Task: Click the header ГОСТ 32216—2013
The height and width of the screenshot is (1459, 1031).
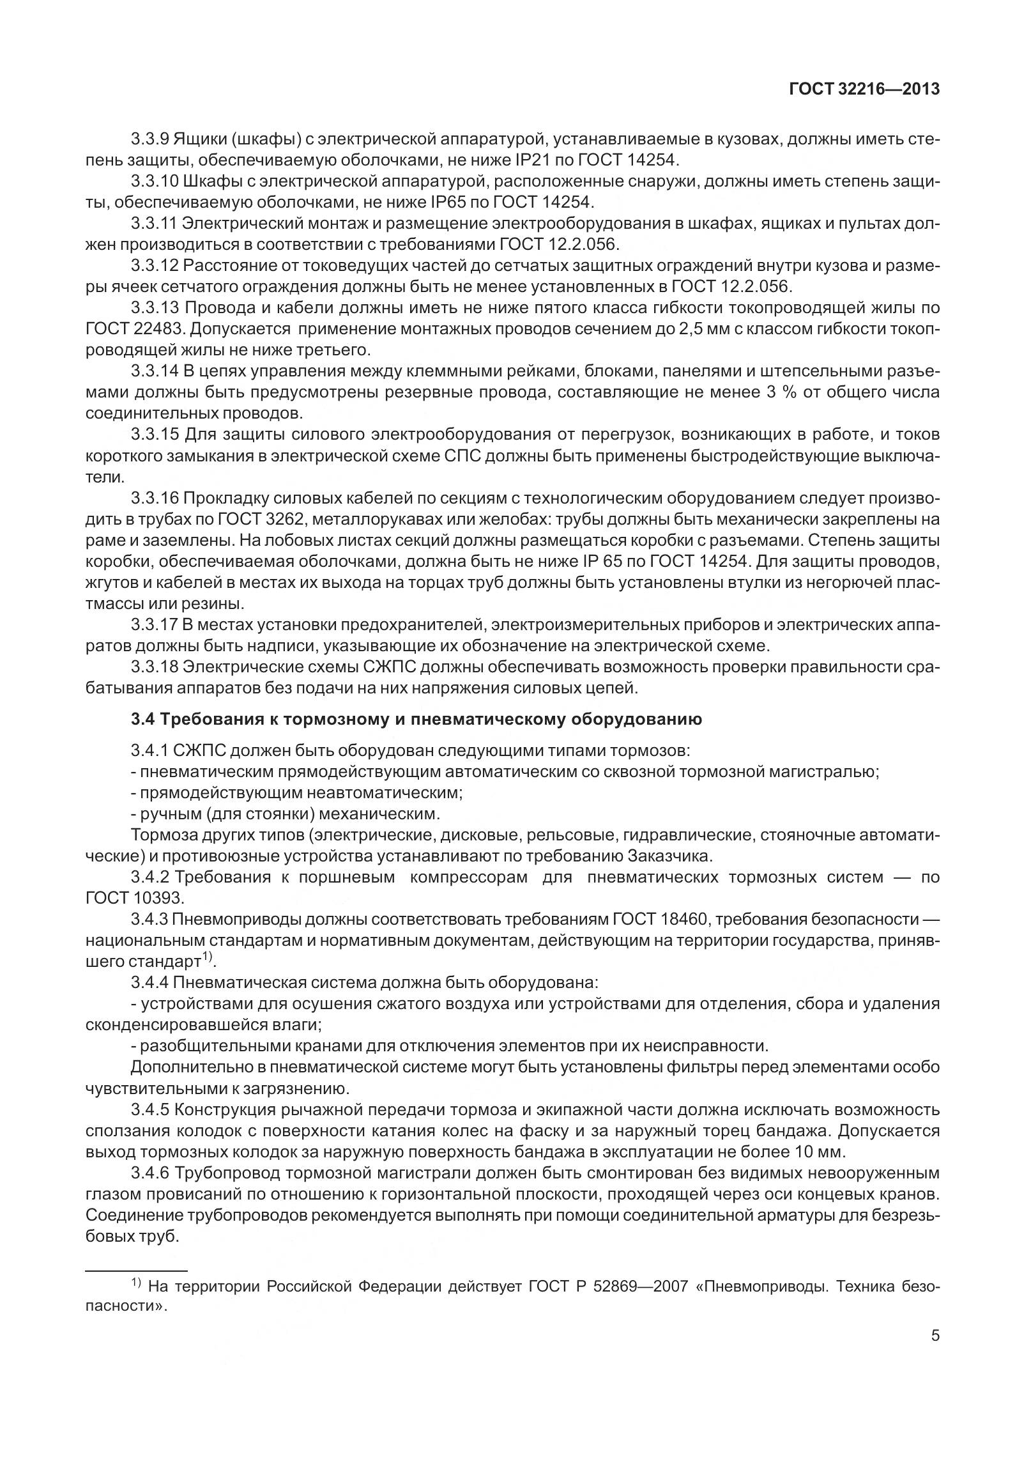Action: [864, 89]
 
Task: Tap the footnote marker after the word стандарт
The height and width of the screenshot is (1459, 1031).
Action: [208, 958]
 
